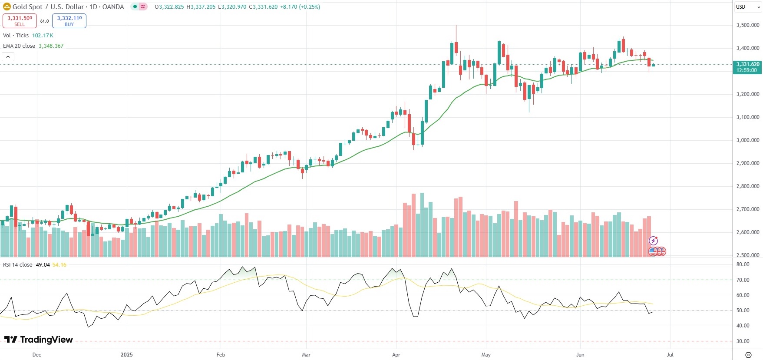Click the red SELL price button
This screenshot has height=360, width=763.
point(20,20)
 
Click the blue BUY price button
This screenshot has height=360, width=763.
point(69,20)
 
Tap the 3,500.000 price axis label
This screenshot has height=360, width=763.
point(747,25)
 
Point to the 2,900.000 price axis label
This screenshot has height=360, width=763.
point(747,163)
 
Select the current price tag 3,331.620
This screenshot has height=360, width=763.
point(747,67)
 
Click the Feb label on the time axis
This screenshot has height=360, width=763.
point(221,355)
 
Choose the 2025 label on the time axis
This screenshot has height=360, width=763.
point(126,355)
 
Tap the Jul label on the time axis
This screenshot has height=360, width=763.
point(670,355)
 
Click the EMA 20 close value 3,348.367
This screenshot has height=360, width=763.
point(51,46)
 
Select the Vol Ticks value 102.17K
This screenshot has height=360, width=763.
point(43,36)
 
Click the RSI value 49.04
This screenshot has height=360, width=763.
point(43,265)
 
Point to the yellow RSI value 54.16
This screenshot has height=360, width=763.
point(59,265)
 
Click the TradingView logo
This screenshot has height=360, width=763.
point(39,340)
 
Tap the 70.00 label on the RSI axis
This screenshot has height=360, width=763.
point(743,280)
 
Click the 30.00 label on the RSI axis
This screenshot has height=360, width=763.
point(743,341)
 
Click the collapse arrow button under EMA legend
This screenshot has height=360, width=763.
point(8,56)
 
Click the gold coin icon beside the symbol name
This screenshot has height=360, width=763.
point(7,7)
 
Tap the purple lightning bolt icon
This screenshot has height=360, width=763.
point(653,241)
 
